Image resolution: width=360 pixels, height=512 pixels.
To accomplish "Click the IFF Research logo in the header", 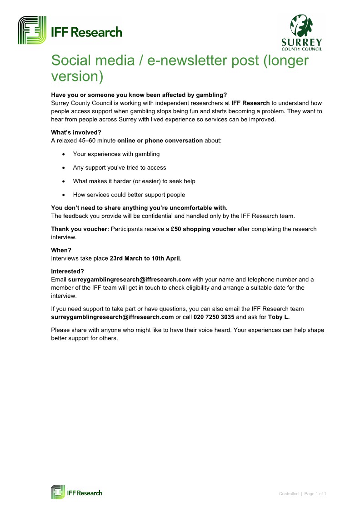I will click(70, 30).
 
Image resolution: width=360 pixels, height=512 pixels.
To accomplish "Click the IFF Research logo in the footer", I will click(76, 492).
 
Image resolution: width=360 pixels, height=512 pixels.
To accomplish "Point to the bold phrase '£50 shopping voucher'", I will click(203, 229).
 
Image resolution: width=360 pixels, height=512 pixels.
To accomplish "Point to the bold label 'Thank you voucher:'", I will click(80, 229).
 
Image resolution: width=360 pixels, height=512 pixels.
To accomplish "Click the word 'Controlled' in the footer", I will click(289, 494).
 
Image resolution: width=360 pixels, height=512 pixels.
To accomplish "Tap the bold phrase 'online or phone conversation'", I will click(163, 141).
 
